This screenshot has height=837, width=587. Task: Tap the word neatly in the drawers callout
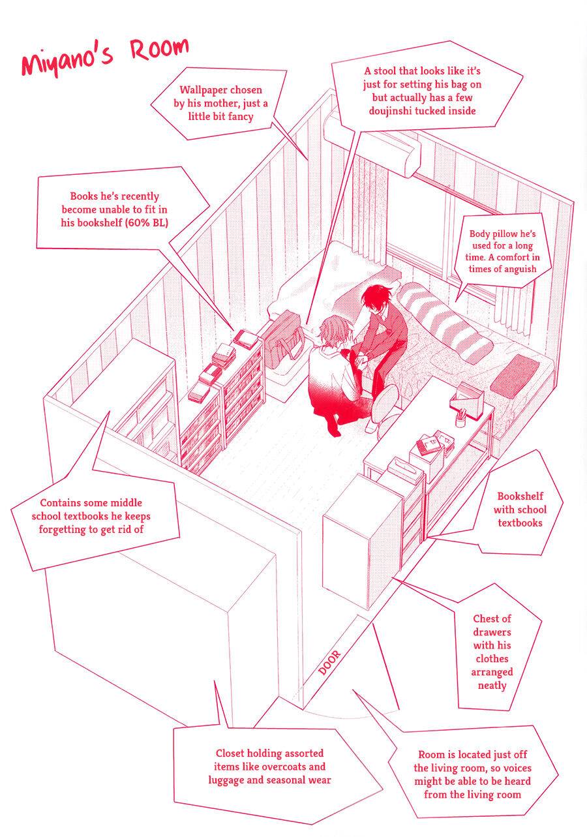[x=492, y=686]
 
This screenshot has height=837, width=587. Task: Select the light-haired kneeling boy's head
[x=333, y=329]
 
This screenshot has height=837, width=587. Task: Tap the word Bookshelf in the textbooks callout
[x=520, y=496]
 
